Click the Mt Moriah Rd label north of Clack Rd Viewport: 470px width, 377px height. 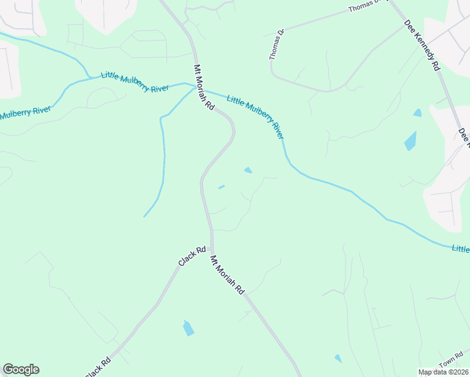[204, 87]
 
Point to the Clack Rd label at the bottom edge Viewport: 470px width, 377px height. [98, 368]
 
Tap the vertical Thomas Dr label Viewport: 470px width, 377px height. [277, 44]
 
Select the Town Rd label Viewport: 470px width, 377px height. [451, 363]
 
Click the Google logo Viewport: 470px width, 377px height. [21, 369]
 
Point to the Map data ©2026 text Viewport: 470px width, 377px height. [443, 372]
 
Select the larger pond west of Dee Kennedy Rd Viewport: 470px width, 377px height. [410, 140]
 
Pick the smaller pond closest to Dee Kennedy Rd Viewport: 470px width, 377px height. [418, 113]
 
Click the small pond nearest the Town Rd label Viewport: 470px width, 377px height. [338, 358]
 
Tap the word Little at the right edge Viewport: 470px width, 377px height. [461, 249]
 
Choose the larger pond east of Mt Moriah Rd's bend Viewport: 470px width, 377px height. [248, 170]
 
